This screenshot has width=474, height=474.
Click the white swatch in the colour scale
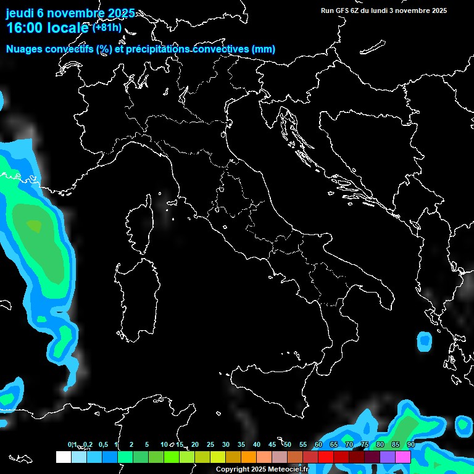(x=63, y=457)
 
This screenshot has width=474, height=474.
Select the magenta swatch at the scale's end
(x=403, y=457)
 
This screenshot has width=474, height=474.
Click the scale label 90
(x=410, y=445)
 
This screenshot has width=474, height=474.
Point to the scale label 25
(x=210, y=445)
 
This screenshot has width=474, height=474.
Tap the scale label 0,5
(x=103, y=445)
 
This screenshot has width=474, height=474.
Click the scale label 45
(x=272, y=445)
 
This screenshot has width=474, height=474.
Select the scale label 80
(x=380, y=445)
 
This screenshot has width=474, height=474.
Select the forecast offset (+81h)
(x=107, y=28)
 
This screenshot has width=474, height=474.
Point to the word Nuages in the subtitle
(x=24, y=49)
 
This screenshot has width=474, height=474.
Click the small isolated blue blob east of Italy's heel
(x=425, y=340)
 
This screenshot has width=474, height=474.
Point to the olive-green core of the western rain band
(x=35, y=227)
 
